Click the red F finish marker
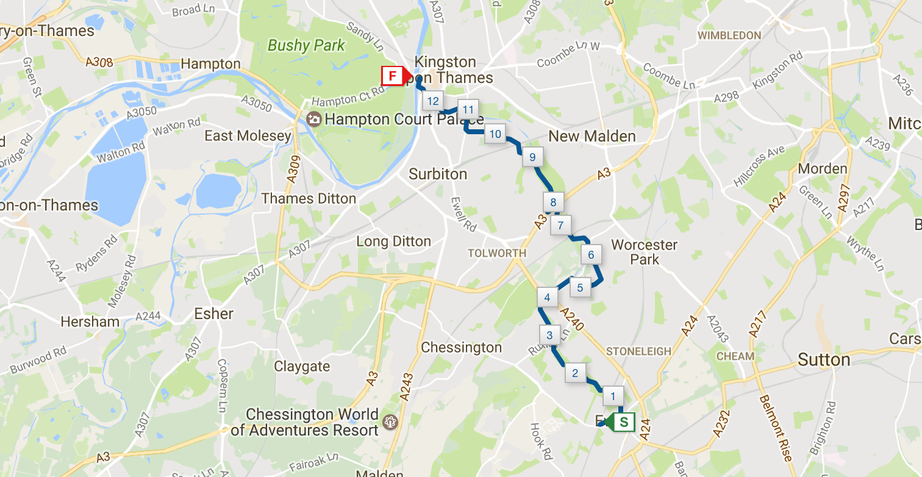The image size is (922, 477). coord(393,76)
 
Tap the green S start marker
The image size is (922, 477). coord(623,421)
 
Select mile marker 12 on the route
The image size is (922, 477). coord(434,101)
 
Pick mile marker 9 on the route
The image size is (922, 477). coord(532,157)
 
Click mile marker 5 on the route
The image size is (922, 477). coord(580,287)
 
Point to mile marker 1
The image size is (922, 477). coord(613,396)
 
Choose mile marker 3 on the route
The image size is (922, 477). coord(549,335)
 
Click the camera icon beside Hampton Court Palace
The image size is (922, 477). coord(314,119)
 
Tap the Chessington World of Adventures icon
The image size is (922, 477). coord(390,421)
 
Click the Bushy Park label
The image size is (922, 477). coord(306,45)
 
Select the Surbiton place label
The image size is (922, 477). coord(438,174)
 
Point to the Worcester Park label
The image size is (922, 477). coord(645,252)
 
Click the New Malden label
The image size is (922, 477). coord(592,136)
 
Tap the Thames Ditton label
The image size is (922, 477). coord(309,199)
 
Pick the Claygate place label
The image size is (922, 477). coord(302,367)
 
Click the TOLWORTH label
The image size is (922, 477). coord(497,253)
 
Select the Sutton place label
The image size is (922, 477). coord(824,360)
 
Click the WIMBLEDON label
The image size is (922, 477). coord(729,35)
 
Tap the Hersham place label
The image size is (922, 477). coord(90,321)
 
